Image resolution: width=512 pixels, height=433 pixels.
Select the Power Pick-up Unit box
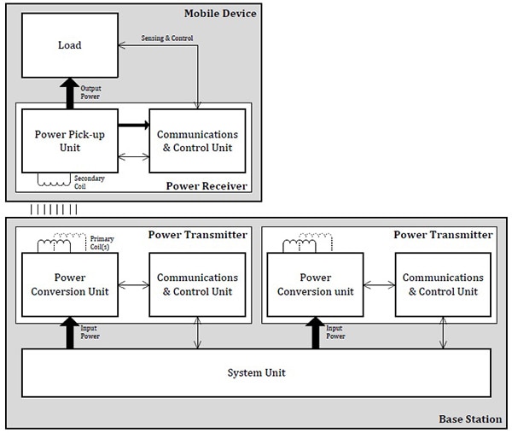(x=70, y=141)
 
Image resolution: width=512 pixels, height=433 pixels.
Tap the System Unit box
(x=256, y=373)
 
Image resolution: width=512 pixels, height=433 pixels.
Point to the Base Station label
(x=470, y=418)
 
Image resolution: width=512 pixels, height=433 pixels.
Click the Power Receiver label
(x=206, y=184)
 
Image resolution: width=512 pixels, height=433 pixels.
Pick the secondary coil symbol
(x=54, y=180)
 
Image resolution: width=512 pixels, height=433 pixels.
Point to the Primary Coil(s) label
(x=102, y=243)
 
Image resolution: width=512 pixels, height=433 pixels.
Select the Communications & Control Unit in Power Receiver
(x=197, y=141)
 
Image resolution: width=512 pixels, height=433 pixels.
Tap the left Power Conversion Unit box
(x=70, y=284)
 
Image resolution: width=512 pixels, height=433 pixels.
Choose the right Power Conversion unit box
(x=317, y=284)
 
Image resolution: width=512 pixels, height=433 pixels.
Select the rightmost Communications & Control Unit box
(x=443, y=284)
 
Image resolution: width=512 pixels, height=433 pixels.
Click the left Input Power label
(x=90, y=332)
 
